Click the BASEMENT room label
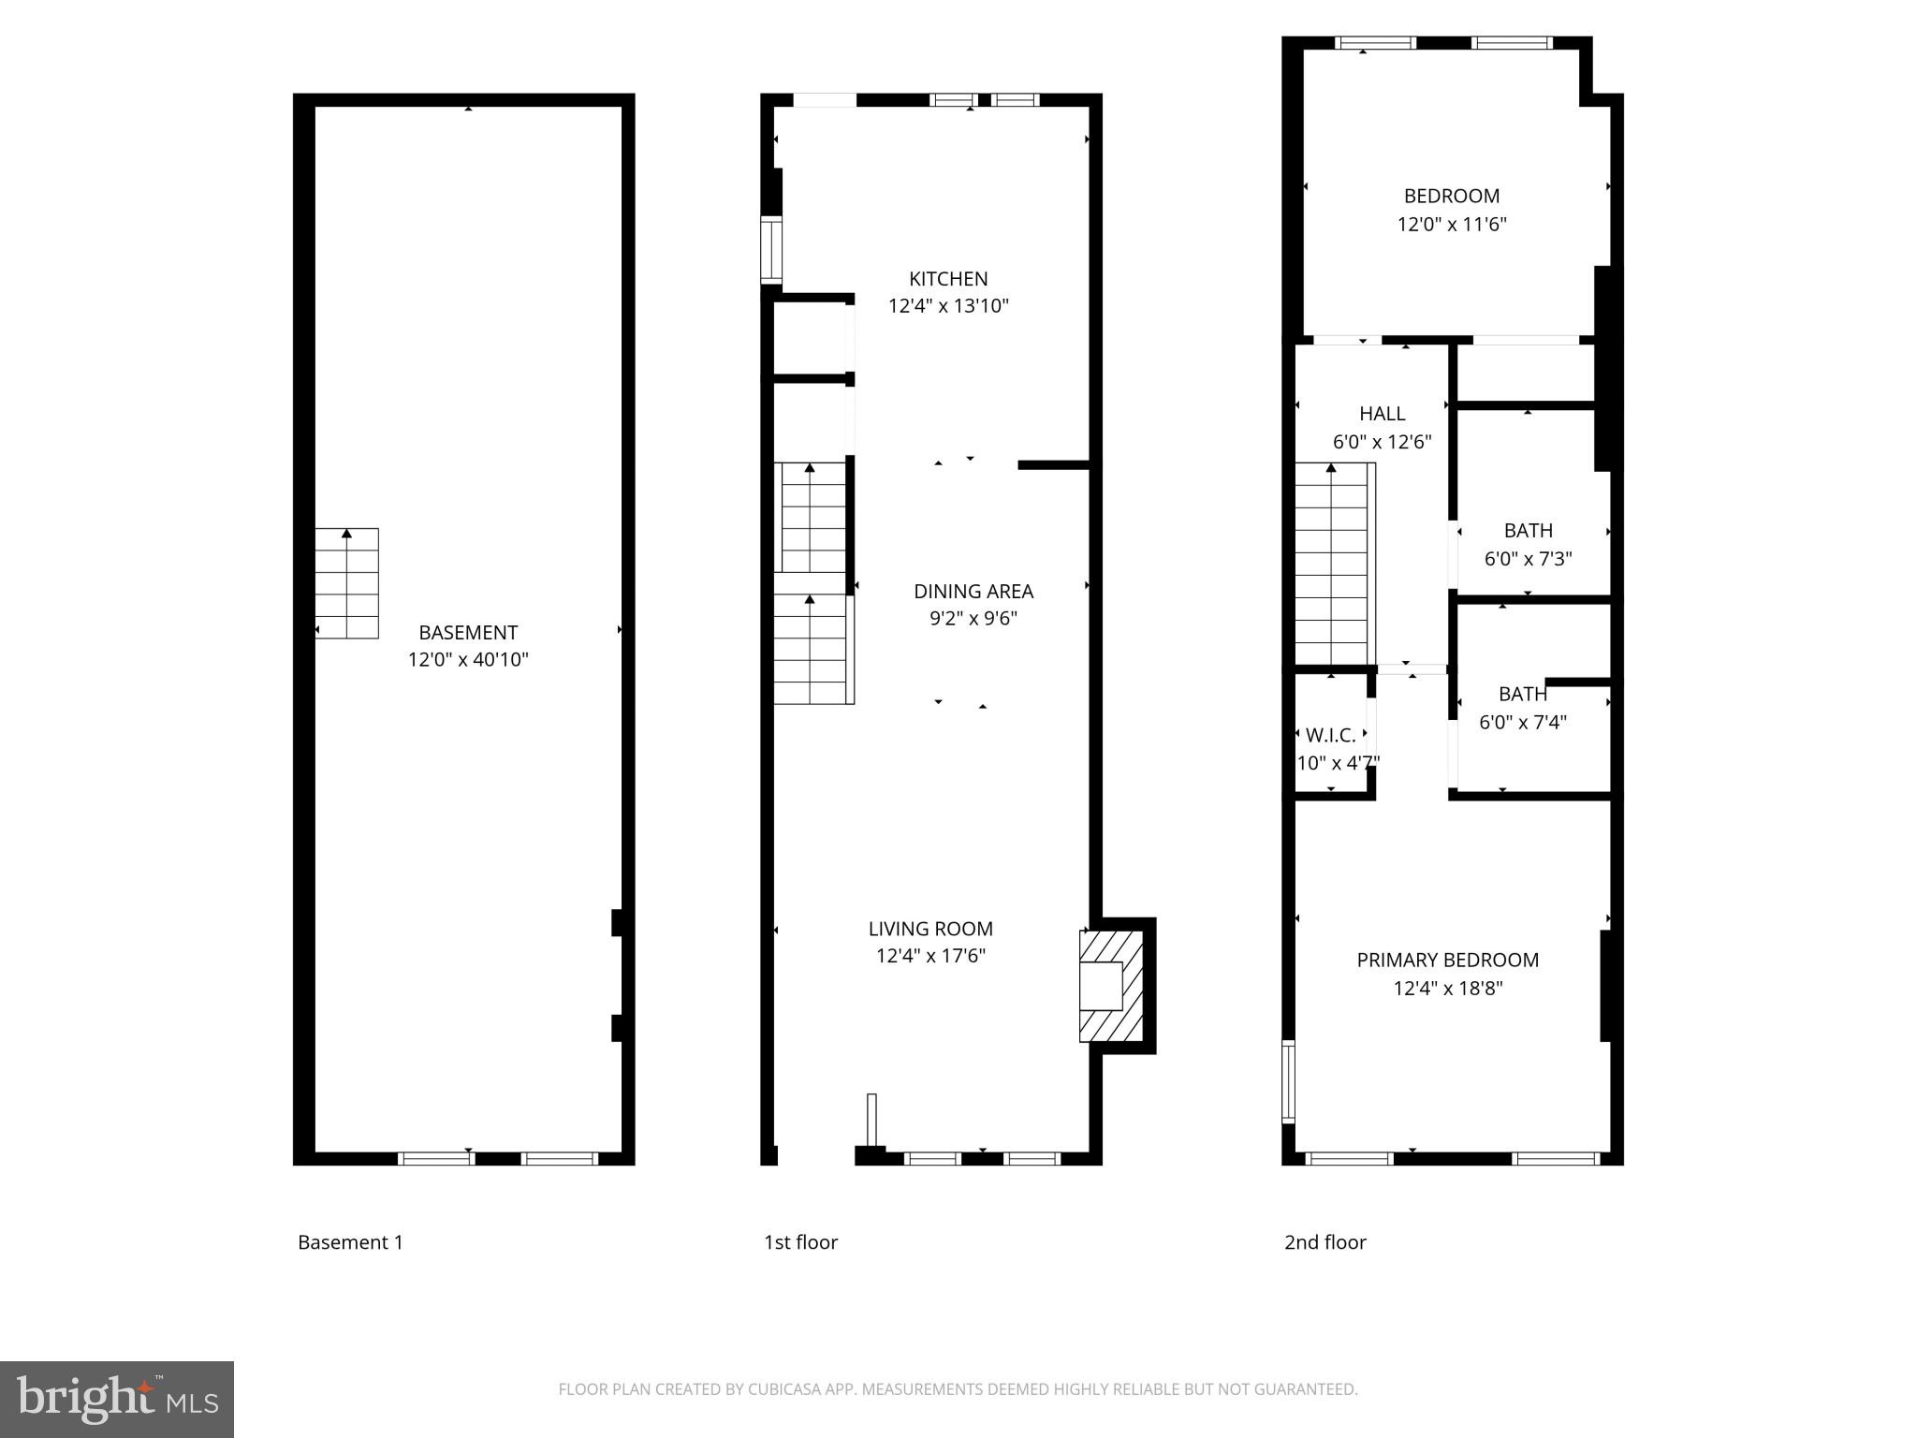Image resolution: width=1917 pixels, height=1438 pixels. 468,632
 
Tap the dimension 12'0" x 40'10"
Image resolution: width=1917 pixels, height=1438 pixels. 468,660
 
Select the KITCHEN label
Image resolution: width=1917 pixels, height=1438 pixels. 948,279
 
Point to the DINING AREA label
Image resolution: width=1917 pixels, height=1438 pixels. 973,592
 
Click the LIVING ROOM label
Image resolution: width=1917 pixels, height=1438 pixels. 930,929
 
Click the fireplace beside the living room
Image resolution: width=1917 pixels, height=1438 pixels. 1111,986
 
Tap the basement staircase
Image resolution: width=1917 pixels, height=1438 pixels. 347,583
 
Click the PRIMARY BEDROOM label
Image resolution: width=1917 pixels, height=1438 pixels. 1447,961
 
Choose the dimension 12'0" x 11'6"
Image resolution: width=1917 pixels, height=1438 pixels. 1451,225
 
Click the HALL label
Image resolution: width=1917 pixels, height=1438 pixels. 1382,414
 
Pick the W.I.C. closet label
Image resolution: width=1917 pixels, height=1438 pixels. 1330,736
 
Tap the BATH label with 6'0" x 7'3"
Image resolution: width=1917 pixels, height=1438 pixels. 1528,531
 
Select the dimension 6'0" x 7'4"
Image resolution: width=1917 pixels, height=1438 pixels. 1522,723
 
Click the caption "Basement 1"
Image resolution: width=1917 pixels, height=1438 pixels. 350,1242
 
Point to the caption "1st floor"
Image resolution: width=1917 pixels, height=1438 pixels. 800,1242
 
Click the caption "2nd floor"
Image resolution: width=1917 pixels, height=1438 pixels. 1324,1242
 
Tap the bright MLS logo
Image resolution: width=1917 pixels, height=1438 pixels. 116,1400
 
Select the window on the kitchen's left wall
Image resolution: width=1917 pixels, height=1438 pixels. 770,250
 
